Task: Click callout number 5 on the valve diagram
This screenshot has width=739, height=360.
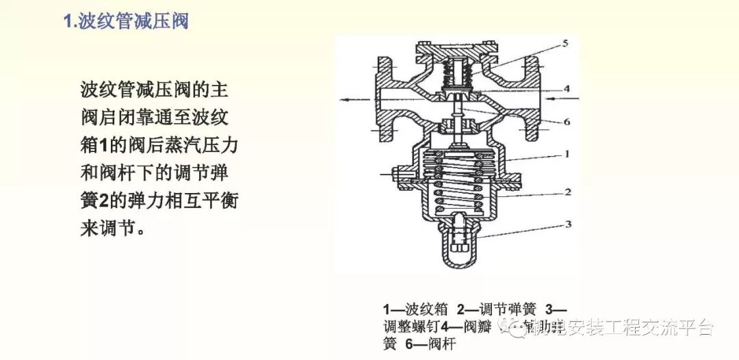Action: click(x=565, y=43)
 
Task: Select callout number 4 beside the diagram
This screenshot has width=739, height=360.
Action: click(x=567, y=88)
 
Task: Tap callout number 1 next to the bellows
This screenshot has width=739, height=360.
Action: click(x=567, y=154)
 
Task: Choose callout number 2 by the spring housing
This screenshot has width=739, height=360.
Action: click(x=567, y=192)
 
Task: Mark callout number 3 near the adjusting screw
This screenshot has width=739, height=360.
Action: click(x=567, y=224)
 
